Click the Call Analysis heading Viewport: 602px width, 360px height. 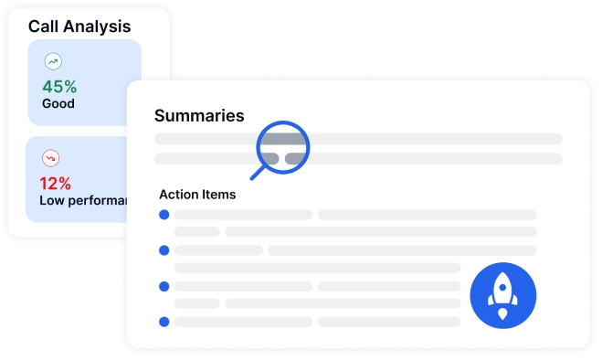79,26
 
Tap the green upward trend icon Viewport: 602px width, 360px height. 52,62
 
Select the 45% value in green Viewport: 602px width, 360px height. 58,87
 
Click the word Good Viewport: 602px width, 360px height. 58,104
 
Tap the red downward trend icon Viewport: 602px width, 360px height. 52,157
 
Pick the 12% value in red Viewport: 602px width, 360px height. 56,183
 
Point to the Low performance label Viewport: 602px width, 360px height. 82,200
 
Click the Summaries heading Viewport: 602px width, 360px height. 199,116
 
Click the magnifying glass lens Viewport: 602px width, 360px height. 283,146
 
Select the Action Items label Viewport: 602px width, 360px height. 197,195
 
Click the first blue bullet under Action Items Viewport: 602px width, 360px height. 164,215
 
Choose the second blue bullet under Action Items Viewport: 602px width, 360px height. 164,249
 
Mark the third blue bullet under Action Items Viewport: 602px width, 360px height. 164,286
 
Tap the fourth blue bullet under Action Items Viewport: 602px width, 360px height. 164,321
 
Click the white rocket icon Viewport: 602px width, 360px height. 502,296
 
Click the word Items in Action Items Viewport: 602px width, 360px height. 219,195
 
